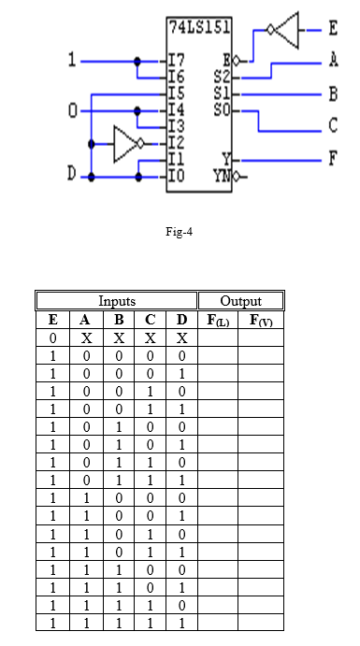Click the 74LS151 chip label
point(199,27)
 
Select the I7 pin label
point(177,62)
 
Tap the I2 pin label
point(177,143)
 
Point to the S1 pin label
point(222,93)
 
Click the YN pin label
point(223,177)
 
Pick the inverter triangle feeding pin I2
point(125,144)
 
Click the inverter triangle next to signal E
point(286,30)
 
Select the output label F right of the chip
point(333,159)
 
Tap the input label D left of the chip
point(72,174)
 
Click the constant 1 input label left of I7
point(73,61)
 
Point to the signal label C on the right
point(333,125)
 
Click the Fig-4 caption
point(180,232)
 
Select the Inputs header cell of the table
point(117,301)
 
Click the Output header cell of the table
point(241,301)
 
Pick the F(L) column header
point(218,320)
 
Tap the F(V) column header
point(261,320)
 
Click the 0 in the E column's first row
point(52,338)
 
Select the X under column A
point(86,338)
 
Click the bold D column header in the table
point(181,320)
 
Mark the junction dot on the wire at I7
point(137,62)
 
